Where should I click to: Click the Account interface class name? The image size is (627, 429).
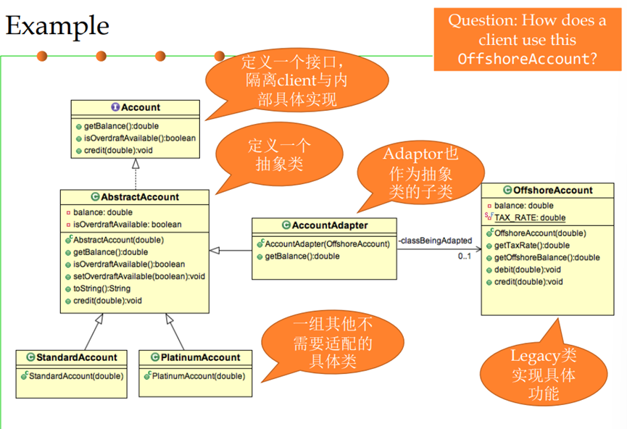140,107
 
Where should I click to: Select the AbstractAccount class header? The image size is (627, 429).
140,196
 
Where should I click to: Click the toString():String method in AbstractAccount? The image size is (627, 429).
101,288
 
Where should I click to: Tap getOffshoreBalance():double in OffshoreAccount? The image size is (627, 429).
547,257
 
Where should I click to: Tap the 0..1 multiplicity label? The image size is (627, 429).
465,256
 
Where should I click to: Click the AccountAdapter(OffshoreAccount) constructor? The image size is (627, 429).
327,243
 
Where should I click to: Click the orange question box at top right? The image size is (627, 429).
527,39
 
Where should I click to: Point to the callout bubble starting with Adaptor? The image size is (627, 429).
418,173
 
